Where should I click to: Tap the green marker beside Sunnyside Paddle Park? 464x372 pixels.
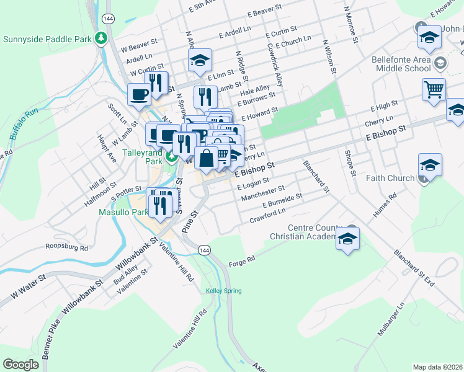coord(100,38)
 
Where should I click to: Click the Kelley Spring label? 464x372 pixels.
coord(220,290)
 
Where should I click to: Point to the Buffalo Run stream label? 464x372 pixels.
coord(25,123)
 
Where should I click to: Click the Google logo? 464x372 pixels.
coord(21,364)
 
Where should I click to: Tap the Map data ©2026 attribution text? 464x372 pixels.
coord(437,367)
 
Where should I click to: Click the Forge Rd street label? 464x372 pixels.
coord(243,259)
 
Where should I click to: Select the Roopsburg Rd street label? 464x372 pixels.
coord(68,246)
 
